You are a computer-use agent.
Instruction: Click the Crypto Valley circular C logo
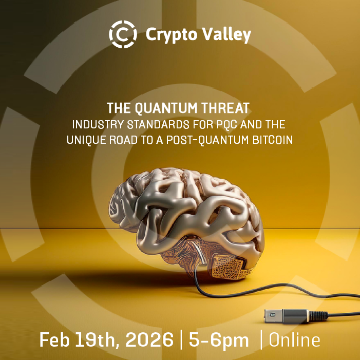pyautogui.click(x=123, y=34)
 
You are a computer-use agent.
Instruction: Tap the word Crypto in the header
pyautogui.click(x=172, y=35)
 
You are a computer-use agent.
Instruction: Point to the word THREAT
pyautogui.click(x=225, y=108)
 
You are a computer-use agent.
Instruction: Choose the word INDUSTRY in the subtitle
pyautogui.click(x=98, y=125)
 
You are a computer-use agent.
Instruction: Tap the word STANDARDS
pyautogui.click(x=158, y=125)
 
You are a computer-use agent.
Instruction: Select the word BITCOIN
pyautogui.click(x=273, y=140)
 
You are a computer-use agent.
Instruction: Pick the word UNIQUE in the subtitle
pyautogui.click(x=86, y=140)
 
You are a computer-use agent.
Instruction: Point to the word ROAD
pyautogui.click(x=123, y=140)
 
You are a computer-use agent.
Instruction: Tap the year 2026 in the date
pyautogui.click(x=149, y=340)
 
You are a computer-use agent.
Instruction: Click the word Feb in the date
pyautogui.click(x=54, y=340)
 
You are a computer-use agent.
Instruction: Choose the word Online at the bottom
pyautogui.click(x=294, y=340)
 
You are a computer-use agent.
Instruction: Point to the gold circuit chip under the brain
pyautogui.click(x=228, y=267)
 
